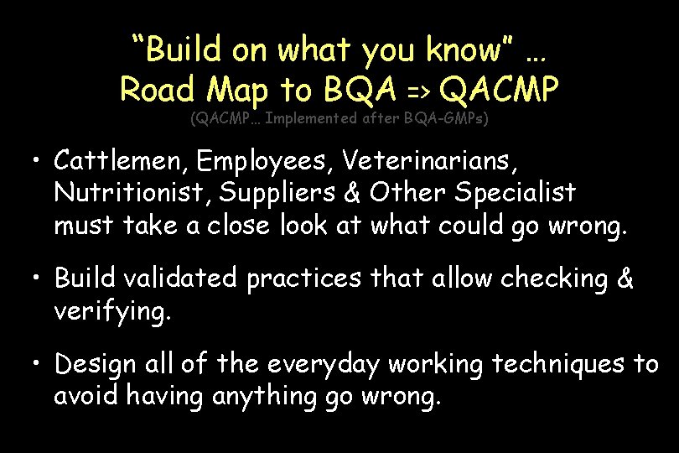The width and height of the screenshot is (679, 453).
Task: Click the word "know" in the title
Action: point(474,50)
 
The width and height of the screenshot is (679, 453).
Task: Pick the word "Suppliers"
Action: point(289,192)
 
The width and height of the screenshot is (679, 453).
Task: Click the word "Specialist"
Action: point(516,192)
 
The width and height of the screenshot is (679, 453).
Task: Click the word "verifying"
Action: point(111,313)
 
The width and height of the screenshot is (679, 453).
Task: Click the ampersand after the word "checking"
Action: point(625,278)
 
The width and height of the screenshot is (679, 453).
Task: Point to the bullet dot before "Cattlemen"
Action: point(39,159)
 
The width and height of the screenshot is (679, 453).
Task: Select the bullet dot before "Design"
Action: point(39,365)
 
